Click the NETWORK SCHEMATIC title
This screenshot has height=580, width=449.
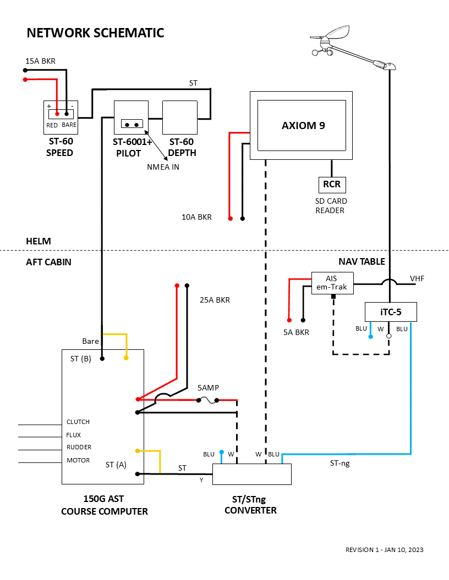point(95,33)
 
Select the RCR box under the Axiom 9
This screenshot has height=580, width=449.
point(332,185)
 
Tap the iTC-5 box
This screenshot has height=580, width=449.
point(391,312)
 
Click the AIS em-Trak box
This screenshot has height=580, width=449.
point(332,283)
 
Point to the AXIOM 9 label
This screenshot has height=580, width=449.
point(303,125)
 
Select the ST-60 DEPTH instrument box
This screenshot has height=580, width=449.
point(179,118)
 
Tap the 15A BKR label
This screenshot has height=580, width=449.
point(40,61)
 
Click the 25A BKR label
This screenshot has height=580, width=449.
point(215,300)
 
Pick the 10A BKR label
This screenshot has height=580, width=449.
point(196,217)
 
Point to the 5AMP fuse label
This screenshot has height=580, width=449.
point(208,388)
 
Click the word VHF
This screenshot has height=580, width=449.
point(417,279)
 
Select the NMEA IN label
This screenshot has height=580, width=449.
point(163,167)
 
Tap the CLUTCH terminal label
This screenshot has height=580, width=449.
point(78,422)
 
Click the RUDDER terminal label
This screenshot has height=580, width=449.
point(79,447)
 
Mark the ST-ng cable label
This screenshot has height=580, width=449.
point(340,464)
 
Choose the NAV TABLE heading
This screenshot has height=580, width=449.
point(362,262)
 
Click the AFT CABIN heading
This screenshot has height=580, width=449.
point(48,262)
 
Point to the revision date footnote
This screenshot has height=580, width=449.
point(384,550)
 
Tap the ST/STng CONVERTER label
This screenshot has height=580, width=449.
point(250,505)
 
